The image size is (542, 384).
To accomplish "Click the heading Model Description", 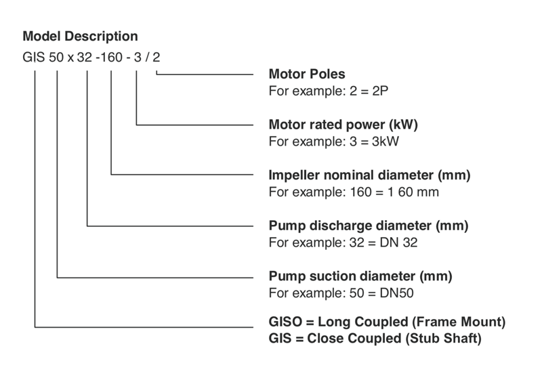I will (x=81, y=37).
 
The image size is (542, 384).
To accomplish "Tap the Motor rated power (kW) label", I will (x=343, y=125).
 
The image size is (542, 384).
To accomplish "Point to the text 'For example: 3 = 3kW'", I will (x=326, y=142).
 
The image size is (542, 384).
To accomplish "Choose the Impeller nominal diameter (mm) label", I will (x=369, y=175).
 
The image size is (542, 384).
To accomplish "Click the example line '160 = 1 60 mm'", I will (x=354, y=192).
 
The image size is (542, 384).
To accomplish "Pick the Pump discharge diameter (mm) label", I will (x=369, y=225).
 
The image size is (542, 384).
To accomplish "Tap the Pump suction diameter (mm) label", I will (x=360, y=276).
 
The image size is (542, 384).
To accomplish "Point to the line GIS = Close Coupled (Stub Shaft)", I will (x=375, y=338).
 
